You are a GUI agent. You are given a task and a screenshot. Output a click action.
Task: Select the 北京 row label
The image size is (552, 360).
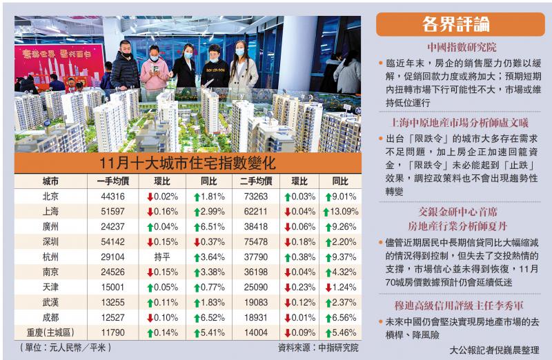pyautogui.click(x=50, y=197)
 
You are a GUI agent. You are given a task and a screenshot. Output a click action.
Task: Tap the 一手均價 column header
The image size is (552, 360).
pyautogui.click(x=112, y=181)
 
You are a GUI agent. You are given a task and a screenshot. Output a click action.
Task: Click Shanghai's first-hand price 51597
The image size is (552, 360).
pyautogui.click(x=112, y=212)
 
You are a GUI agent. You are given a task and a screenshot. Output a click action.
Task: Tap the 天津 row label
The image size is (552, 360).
pyautogui.click(x=50, y=287)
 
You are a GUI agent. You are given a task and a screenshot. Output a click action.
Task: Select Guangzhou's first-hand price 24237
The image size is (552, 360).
pyautogui.click(x=112, y=226)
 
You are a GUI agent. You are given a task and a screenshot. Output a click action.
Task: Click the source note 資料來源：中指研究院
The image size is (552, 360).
pyautogui.click(x=317, y=348)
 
